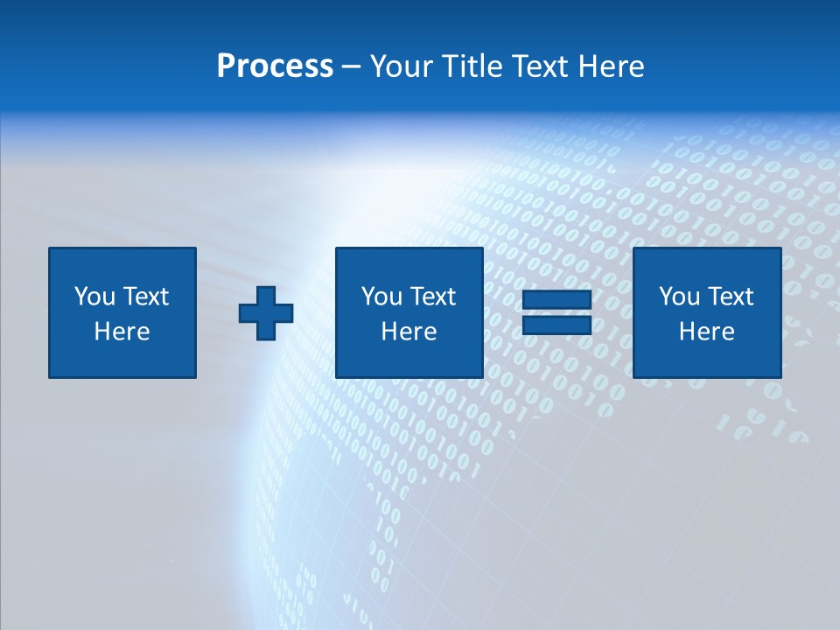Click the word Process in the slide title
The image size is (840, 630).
pyautogui.click(x=275, y=66)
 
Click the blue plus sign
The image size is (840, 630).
pyautogui.click(x=266, y=313)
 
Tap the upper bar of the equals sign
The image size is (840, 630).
pyautogui.click(x=556, y=300)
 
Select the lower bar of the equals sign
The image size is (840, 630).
pyautogui.click(x=556, y=325)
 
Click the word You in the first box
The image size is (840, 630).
pyautogui.click(x=92, y=297)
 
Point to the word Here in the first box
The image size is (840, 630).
pyautogui.click(x=122, y=332)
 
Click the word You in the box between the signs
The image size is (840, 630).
pyautogui.click(x=380, y=297)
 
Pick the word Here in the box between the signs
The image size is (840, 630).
pyautogui.click(x=409, y=332)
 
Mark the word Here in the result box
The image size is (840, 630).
pyautogui.click(x=706, y=332)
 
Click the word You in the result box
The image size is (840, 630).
pyautogui.click(x=677, y=297)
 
